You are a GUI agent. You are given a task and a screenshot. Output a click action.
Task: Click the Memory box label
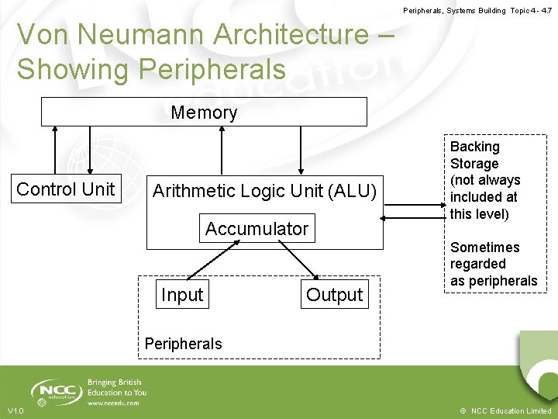204,113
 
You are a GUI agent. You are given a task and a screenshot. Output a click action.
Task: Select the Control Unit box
66,189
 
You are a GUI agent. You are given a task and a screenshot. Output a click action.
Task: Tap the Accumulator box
257,229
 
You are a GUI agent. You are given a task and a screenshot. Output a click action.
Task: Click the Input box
181,295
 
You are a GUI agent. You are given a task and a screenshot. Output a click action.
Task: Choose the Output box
334,295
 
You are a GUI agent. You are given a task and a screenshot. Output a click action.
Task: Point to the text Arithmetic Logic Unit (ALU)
264,191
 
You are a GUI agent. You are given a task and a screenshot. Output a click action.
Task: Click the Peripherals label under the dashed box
183,344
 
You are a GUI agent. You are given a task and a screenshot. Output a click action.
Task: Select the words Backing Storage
475,155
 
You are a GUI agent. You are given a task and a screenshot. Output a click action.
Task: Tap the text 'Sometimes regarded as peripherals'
493,264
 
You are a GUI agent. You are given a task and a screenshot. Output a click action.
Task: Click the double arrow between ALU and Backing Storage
414,220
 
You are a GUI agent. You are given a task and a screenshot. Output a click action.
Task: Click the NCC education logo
57,393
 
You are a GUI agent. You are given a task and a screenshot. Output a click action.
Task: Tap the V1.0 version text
15,410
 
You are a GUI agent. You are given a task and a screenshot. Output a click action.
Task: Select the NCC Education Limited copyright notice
507,410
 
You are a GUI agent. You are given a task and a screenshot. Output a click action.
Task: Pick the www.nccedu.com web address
114,403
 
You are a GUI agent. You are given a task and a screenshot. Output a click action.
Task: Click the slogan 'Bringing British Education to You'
117,387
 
